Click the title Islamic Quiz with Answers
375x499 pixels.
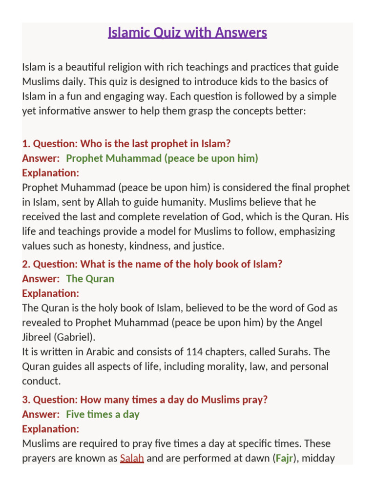point(187,33)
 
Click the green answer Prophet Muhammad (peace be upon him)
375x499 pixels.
point(162,158)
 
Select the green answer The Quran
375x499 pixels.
point(90,279)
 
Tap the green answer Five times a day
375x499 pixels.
point(103,414)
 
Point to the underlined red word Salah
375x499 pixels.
point(132,458)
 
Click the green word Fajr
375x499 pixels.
point(284,458)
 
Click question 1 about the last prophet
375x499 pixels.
point(126,144)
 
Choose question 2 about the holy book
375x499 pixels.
point(152,264)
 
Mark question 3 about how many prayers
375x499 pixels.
point(145,400)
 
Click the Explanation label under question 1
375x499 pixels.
point(50,173)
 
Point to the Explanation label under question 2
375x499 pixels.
point(50,293)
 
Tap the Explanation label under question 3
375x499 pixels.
point(50,429)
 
